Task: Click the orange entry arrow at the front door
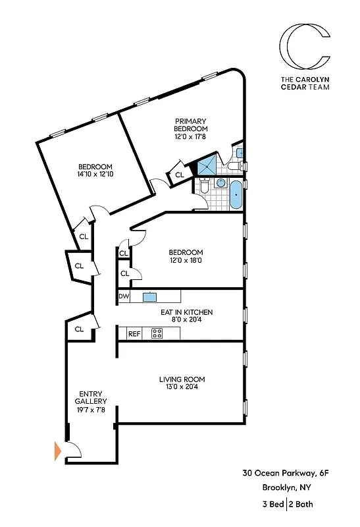pyautogui.click(x=57, y=451)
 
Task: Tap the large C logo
pyautogui.click(x=304, y=47)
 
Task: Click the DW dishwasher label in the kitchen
pyautogui.click(x=123, y=297)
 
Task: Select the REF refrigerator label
pyautogui.click(x=134, y=334)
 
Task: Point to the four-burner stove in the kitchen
pyautogui.click(x=157, y=333)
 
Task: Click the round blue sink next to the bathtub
pyautogui.click(x=221, y=183)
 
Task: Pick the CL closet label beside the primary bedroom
pyautogui.click(x=179, y=175)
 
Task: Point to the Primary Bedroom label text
pyautogui.click(x=191, y=125)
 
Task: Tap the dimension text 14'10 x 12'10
pyautogui.click(x=95, y=175)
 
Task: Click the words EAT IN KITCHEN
pyautogui.click(x=187, y=312)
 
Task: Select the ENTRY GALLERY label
pyautogui.click(x=88, y=399)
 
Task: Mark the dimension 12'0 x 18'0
pyautogui.click(x=186, y=262)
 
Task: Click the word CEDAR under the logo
pyautogui.click(x=290, y=84)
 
